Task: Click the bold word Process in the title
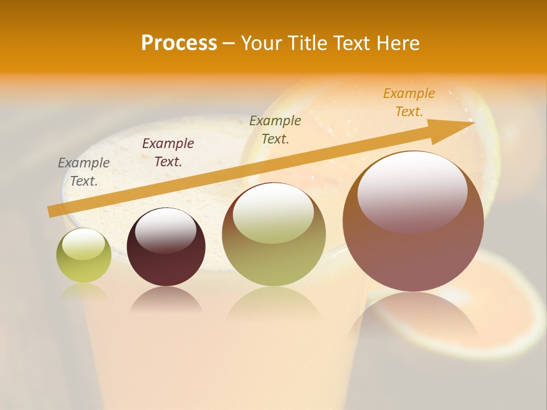click(x=179, y=43)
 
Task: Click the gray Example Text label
click(x=84, y=172)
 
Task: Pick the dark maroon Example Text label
click(x=168, y=153)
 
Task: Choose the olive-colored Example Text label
click(x=275, y=130)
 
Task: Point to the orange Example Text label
click(x=409, y=102)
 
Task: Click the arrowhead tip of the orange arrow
click(x=473, y=122)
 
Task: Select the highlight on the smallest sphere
click(x=83, y=244)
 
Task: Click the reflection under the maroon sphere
click(x=166, y=300)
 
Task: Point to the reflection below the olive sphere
click(x=274, y=302)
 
